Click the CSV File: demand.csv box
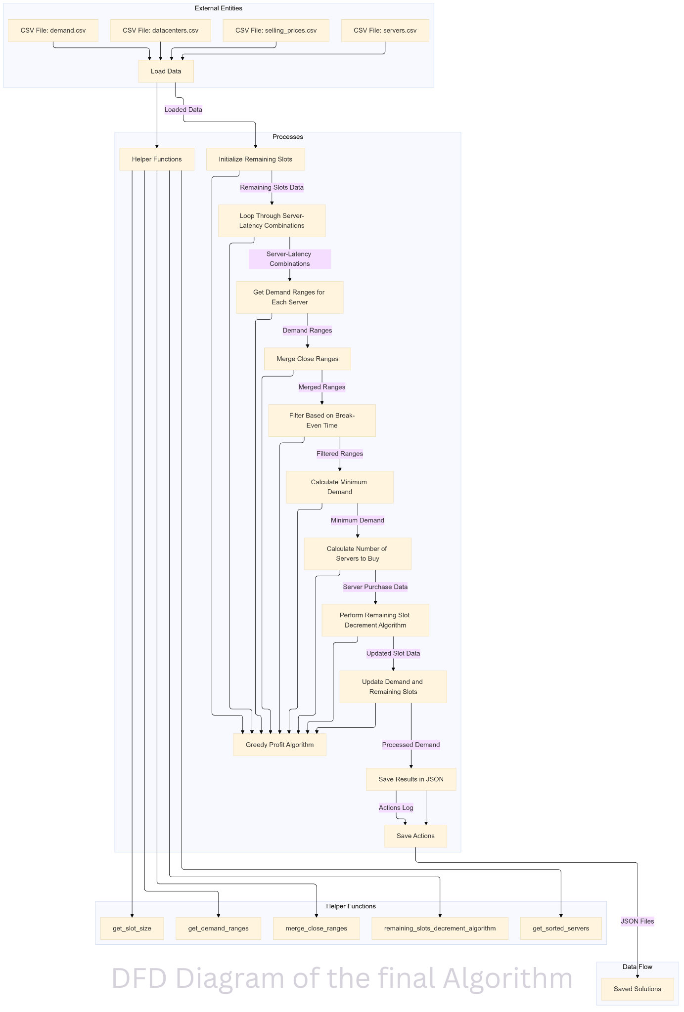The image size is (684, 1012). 53,31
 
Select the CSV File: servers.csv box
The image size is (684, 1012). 385,31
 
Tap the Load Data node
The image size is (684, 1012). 166,71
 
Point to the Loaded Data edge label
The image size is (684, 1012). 183,110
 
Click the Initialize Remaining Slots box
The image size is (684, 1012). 255,159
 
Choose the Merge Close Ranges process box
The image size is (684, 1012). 307,359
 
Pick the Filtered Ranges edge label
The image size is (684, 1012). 340,454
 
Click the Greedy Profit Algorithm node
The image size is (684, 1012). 279,745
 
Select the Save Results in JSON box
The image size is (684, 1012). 410,779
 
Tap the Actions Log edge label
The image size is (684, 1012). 396,807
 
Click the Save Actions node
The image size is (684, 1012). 415,836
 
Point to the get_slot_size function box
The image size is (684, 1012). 132,928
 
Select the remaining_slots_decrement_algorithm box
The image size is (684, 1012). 440,928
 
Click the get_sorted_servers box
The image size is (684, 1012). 561,928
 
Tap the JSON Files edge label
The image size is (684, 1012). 637,921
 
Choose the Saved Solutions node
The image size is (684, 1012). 637,989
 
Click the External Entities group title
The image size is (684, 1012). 218,8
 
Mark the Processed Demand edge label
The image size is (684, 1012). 410,745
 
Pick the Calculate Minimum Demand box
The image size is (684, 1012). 339,487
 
